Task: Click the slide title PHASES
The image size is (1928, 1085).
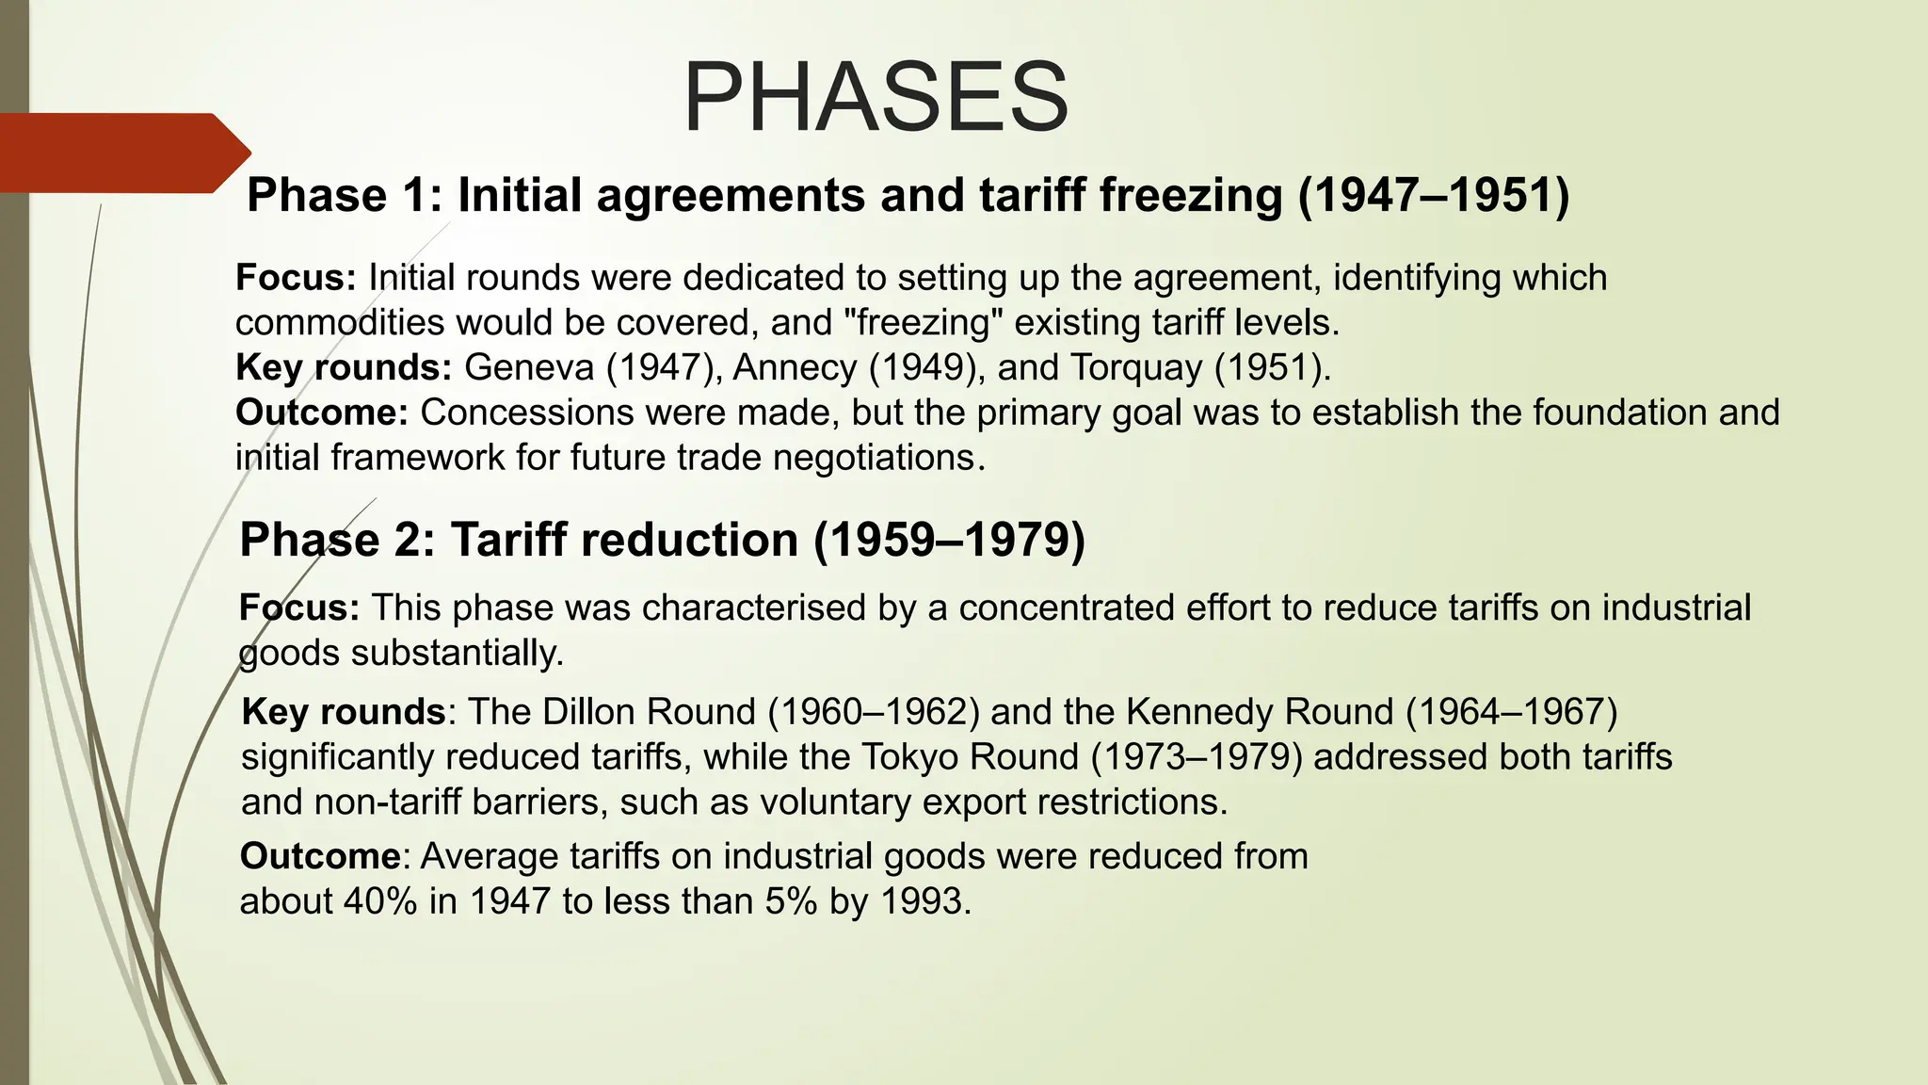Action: [876, 98]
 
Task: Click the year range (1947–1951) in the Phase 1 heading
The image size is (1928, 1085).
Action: [1433, 196]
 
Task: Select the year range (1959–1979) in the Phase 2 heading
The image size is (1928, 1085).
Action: [949, 541]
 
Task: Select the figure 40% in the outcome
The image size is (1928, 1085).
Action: [380, 902]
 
